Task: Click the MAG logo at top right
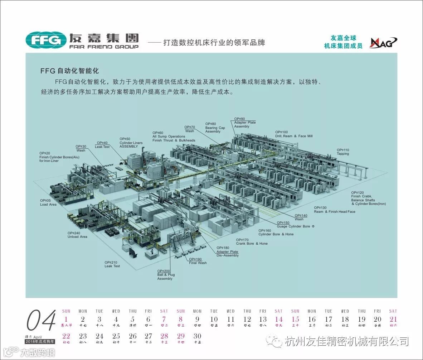(383, 42)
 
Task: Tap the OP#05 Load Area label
(48, 202)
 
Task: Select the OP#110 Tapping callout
(343, 152)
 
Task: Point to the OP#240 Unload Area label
(77, 235)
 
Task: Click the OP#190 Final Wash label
(198, 261)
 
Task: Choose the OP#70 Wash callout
(190, 129)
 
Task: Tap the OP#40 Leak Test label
(102, 145)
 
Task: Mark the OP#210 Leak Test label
(112, 264)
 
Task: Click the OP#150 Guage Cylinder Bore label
(295, 225)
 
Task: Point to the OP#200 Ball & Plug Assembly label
(166, 275)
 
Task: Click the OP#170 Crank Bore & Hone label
(252, 242)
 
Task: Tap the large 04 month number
(42, 320)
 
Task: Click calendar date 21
(393, 319)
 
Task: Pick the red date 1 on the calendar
(66, 319)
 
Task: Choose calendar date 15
(295, 319)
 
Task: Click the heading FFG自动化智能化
(69, 71)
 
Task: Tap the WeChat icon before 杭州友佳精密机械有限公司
(276, 341)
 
